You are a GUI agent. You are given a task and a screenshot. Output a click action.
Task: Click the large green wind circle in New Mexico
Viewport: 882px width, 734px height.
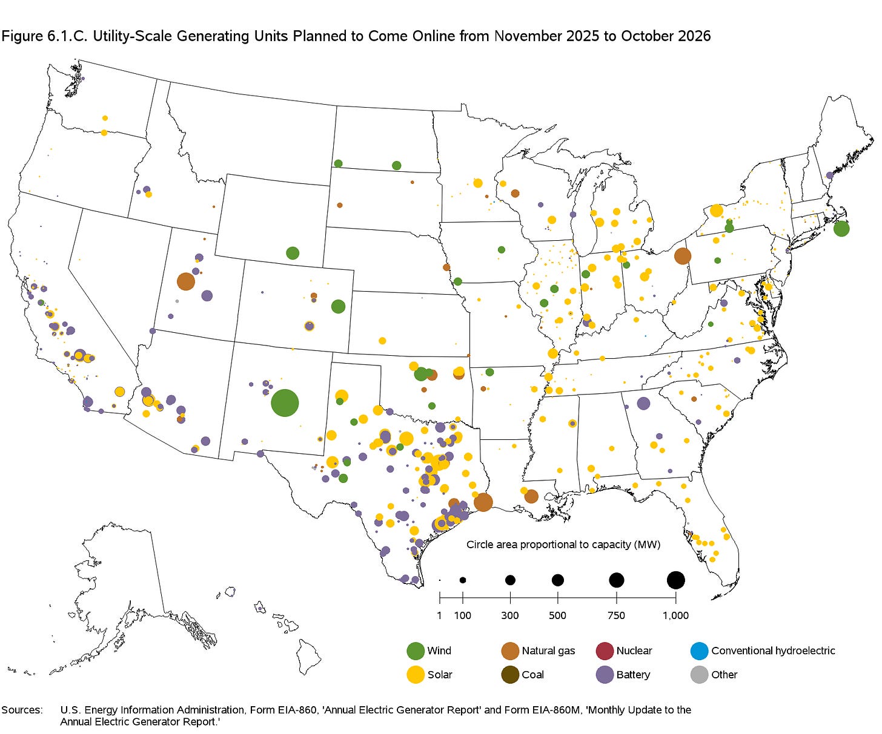[285, 402]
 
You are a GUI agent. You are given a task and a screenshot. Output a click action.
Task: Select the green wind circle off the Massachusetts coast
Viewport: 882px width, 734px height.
[841, 229]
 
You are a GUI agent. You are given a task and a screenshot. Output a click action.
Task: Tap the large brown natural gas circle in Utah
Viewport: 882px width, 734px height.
[186, 281]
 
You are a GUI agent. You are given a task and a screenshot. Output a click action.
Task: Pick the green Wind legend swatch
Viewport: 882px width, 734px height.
[416, 651]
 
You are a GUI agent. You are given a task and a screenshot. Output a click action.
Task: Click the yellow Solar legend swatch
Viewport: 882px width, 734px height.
[416, 675]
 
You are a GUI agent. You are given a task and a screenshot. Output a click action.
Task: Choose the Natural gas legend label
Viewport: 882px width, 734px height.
[548, 651]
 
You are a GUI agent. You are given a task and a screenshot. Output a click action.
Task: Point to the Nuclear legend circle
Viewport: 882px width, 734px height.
[605, 651]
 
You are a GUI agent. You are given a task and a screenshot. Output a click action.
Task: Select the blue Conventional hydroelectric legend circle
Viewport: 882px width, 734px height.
[699, 651]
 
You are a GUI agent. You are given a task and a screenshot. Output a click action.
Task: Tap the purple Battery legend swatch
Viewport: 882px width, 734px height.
[605, 675]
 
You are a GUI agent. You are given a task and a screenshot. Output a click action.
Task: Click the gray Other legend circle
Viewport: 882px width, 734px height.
[699, 675]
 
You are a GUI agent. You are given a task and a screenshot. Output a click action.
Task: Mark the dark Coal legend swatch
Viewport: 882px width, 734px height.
[510, 675]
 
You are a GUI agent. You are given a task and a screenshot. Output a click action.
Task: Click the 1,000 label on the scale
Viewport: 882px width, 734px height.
[675, 615]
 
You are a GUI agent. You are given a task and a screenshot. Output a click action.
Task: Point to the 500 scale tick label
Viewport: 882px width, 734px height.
[557, 615]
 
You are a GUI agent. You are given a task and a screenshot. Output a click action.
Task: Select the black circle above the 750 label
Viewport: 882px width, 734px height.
[617, 580]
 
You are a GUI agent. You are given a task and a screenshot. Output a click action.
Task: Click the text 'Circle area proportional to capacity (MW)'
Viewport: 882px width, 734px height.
[563, 545]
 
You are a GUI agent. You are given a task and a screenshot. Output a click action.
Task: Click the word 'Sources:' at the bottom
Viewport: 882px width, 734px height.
[22, 710]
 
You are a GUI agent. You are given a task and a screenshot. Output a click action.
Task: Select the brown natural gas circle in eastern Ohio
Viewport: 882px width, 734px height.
[682, 256]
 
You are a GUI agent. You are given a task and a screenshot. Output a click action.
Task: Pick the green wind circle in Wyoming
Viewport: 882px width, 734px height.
[293, 253]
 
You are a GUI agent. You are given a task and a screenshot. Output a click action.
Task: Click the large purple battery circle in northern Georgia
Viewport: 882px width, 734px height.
[643, 403]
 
